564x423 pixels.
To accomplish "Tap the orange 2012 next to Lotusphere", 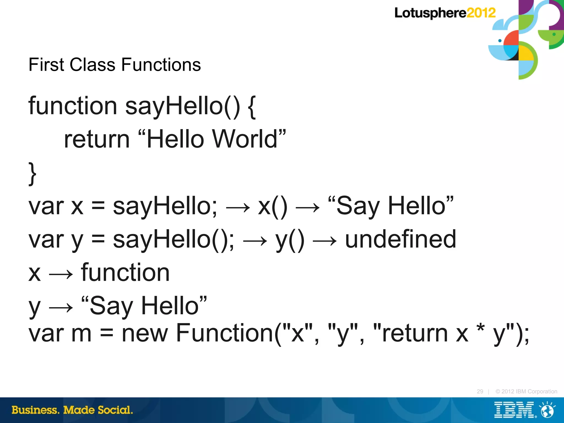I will pos(481,13).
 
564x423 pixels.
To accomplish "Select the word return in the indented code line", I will pos(97,139).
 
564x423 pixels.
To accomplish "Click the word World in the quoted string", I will pos(245,139).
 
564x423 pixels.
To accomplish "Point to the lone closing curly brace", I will pos(32,174).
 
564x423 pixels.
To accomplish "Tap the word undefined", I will pos(400,239).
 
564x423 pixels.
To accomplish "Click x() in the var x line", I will pos(272,206).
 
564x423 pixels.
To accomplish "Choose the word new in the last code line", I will pos(145,333).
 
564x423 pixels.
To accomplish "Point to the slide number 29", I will pos(480,391).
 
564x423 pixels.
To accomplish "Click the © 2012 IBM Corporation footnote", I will pos(526,391).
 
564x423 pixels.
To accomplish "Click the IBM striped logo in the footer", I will pos(514,410).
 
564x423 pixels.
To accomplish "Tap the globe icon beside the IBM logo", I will pos(547,410).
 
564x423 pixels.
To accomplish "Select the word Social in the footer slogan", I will pos(115,410).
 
